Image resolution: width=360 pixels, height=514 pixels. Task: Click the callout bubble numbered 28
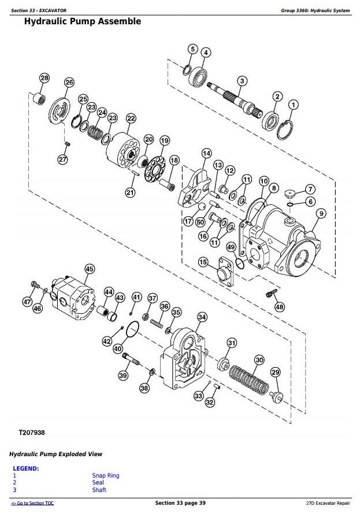coord(44,78)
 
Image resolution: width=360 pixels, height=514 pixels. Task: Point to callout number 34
coord(202,317)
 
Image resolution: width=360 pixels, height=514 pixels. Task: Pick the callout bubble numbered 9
coord(321,214)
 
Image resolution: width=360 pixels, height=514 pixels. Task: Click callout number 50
coord(200,222)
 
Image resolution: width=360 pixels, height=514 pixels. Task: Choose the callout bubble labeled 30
coord(259,360)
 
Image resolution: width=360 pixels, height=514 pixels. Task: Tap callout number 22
coord(131,118)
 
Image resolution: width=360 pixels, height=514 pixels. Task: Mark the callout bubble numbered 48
coord(280,306)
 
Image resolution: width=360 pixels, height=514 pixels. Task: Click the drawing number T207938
coord(32,432)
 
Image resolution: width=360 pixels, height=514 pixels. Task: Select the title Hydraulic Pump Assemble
coord(82,21)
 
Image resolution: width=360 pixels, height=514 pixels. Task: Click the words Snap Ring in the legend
coord(106,475)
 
